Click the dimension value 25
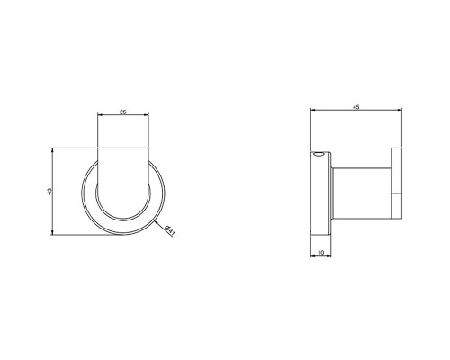pos(121,112)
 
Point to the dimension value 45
pos(357,107)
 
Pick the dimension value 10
pos(321,252)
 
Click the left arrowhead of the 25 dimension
pos(98,117)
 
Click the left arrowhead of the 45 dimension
pos(311,112)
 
